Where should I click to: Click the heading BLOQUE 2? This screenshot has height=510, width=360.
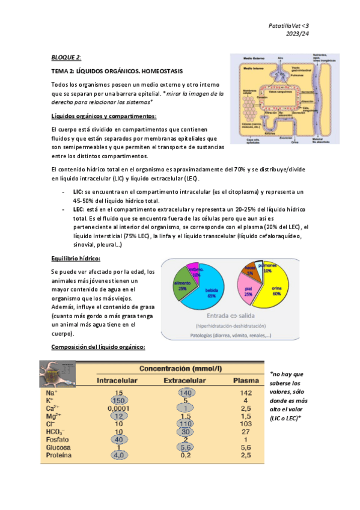tap(66, 57)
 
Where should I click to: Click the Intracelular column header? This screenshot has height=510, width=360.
tap(118, 380)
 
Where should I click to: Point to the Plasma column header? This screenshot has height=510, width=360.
tap(245, 380)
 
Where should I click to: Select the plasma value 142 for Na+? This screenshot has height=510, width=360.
tap(246, 392)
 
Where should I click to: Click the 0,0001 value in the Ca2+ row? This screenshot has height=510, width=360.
tap(119, 408)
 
